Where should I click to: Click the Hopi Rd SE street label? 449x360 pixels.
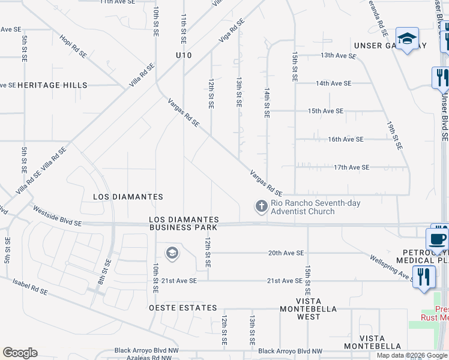pyautogui.click(x=73, y=46)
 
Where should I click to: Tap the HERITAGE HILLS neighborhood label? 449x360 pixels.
pyautogui.click(x=52, y=85)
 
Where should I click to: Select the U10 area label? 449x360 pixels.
pyautogui.click(x=184, y=55)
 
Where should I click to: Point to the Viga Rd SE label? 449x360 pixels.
pyautogui.click(x=233, y=30)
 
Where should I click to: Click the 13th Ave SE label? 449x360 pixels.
pyautogui.click(x=339, y=55)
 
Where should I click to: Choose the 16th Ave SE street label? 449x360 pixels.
pyautogui.click(x=345, y=139)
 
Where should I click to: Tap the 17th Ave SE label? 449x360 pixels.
pyautogui.click(x=351, y=167)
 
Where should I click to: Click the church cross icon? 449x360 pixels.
pyautogui.click(x=261, y=206)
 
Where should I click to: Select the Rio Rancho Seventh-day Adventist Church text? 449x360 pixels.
pyautogui.click(x=315, y=207)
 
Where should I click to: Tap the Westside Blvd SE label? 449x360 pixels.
pyautogui.click(x=57, y=216)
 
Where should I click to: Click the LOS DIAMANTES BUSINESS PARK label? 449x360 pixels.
pyautogui.click(x=184, y=224)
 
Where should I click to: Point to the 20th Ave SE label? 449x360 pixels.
pyautogui.click(x=286, y=253)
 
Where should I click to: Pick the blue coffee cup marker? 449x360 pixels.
pyautogui.click(x=437, y=239)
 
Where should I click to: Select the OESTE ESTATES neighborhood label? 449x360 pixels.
pyautogui.click(x=183, y=308)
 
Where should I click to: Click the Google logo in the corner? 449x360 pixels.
pyautogui.click(x=20, y=353)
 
